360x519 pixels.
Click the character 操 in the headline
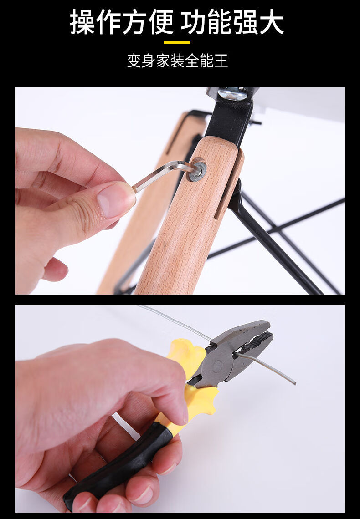point(83,22)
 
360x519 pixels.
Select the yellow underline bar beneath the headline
point(177,42)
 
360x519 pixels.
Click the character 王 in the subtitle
point(221,61)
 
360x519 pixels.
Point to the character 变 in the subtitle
point(134,61)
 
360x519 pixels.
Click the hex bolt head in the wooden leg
point(197,170)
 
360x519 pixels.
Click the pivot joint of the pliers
point(217,366)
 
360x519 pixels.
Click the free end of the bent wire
point(294,383)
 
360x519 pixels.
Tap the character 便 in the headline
point(161,22)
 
